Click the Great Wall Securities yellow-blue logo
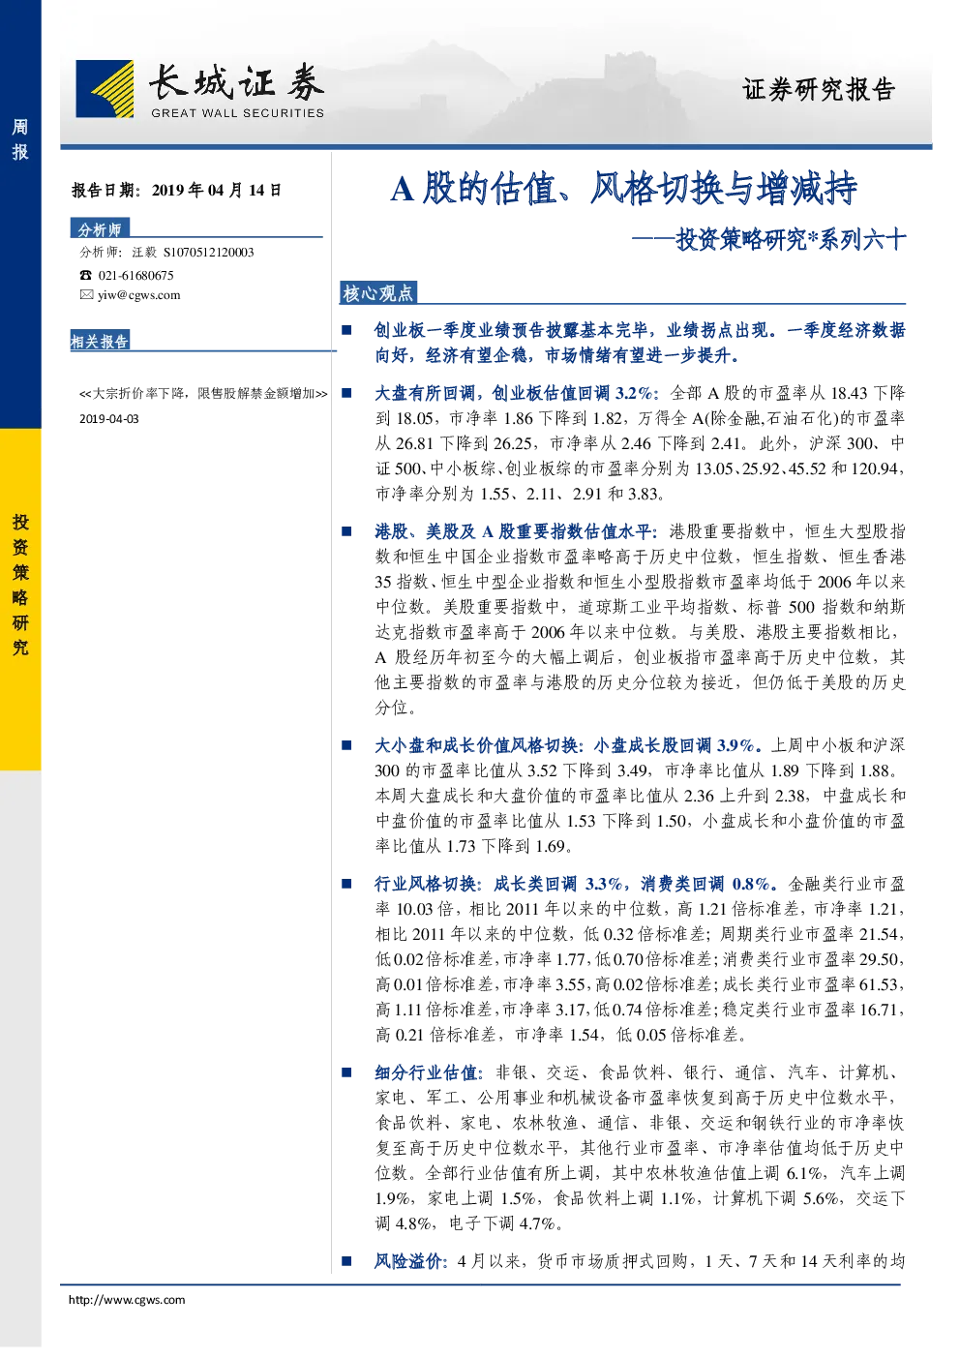tap(105, 88)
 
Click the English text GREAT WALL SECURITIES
tap(237, 112)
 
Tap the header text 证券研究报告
tap(819, 90)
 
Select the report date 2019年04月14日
tap(217, 190)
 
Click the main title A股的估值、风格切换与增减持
tap(623, 188)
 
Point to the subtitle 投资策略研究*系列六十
tap(791, 240)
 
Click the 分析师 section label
tap(100, 229)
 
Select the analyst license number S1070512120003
tap(208, 253)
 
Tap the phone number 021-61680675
tap(135, 275)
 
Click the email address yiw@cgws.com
tap(138, 295)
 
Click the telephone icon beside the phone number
tap(85, 275)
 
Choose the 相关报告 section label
tap(100, 342)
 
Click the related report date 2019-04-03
tap(109, 419)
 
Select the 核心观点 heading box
tap(377, 293)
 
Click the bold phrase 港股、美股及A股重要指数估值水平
tap(513, 531)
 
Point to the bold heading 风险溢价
tap(409, 1262)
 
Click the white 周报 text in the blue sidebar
tap(20, 138)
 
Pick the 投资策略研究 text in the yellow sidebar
tap(20, 585)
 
